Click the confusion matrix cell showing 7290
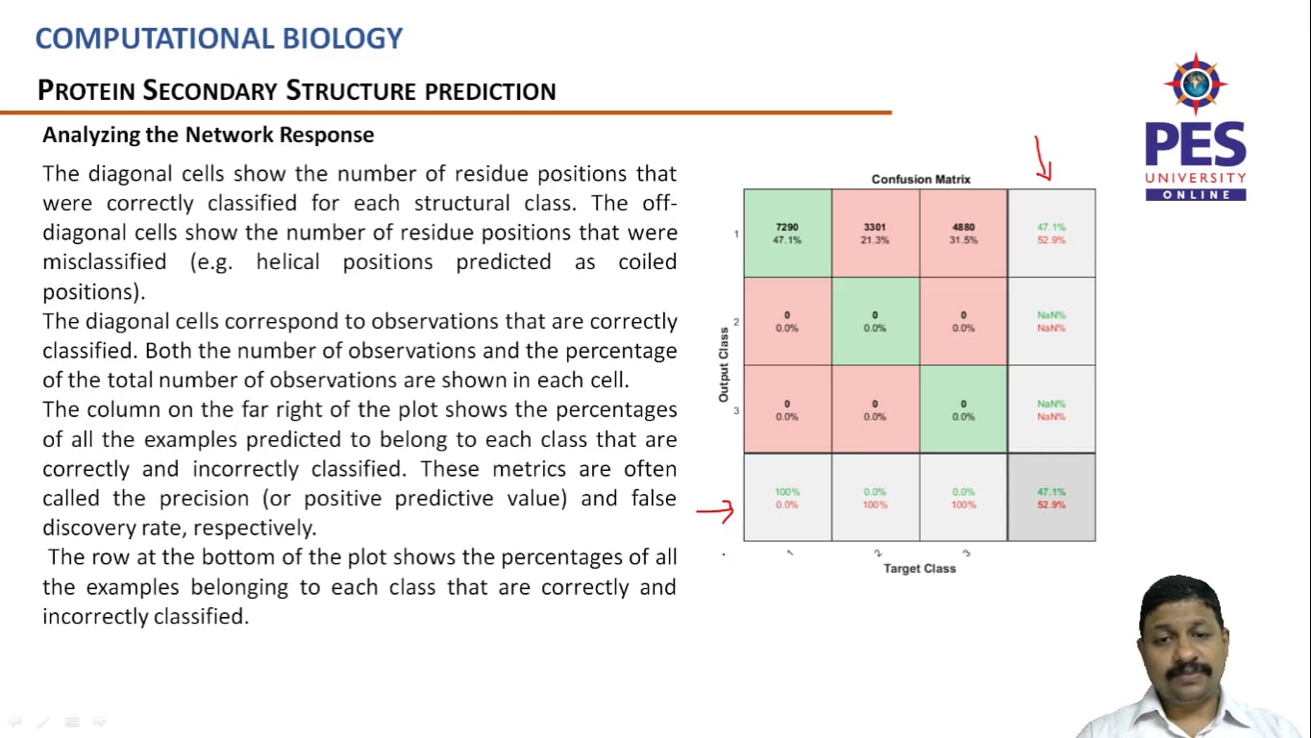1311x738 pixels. tap(787, 234)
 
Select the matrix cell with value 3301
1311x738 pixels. tap(875, 234)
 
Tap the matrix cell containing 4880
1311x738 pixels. tap(963, 234)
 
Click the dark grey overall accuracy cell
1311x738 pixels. tap(1051, 497)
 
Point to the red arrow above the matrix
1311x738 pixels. tap(1042, 160)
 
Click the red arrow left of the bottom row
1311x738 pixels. tap(715, 511)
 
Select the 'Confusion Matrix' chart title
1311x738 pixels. tap(921, 179)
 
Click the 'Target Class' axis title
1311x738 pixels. tap(920, 568)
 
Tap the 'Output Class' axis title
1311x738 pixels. tap(724, 365)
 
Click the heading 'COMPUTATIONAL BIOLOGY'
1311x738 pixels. tap(219, 39)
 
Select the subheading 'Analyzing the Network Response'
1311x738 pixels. tap(208, 135)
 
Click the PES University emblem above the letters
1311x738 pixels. tap(1195, 84)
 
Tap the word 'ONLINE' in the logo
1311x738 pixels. tap(1196, 195)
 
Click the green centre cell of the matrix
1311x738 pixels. tap(875, 321)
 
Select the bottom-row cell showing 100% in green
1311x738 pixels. tap(787, 497)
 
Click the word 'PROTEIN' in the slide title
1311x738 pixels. tap(87, 91)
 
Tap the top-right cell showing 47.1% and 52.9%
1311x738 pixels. tap(1051, 234)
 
